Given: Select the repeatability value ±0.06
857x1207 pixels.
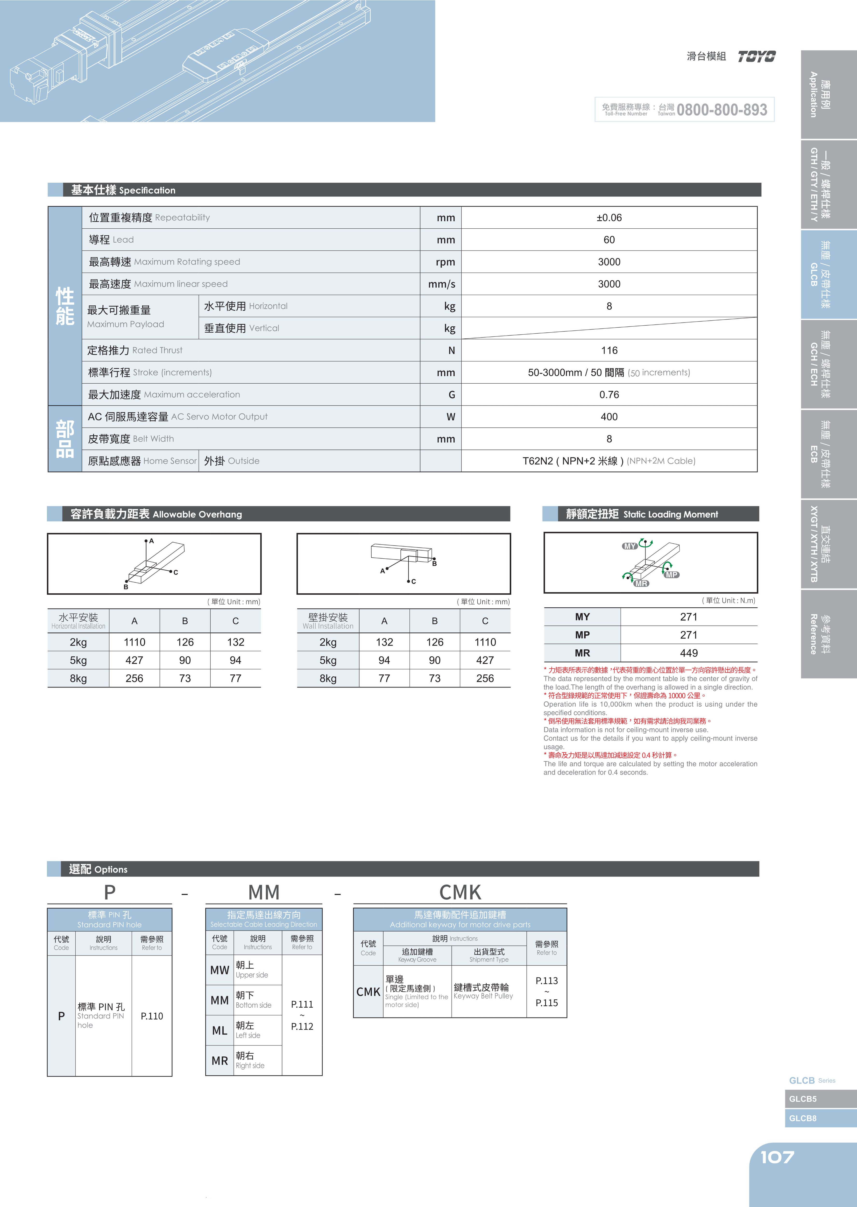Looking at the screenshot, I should pos(609,218).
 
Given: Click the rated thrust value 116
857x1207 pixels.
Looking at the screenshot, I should pos(609,350).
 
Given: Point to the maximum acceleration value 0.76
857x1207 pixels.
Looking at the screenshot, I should pos(609,395).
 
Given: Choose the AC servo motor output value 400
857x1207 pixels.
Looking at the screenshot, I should pos(609,417).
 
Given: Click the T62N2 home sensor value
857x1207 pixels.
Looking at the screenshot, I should pos(609,461).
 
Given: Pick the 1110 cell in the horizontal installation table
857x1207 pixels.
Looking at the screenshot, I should pos(135,642).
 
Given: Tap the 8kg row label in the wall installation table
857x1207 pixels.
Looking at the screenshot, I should pos(328,678).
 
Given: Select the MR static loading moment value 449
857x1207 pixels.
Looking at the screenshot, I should pos(689,653).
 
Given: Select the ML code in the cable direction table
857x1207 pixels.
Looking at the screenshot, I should pos(220,1031).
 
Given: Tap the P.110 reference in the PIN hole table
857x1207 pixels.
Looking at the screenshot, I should pos(152,1016).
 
